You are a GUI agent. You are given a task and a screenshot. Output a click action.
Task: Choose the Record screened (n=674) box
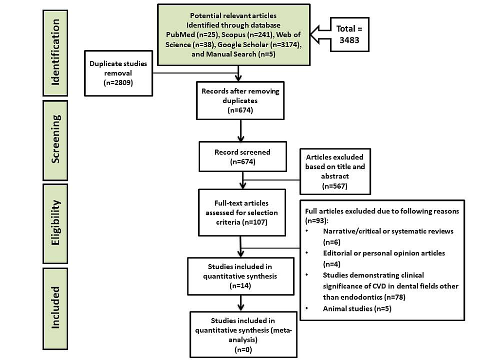242,157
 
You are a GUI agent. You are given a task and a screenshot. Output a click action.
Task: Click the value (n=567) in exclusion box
335,186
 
